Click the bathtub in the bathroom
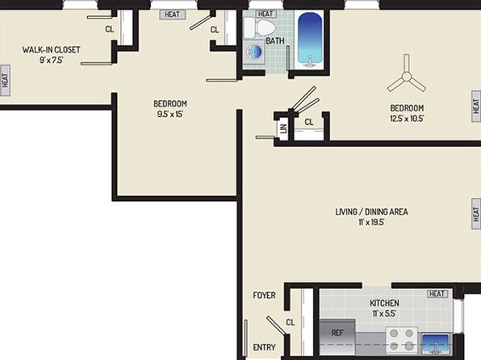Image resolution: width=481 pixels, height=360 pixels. pyautogui.click(x=310, y=40)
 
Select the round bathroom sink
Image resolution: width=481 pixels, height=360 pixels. pyautogui.click(x=254, y=52)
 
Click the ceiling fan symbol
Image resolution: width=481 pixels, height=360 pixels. pyautogui.click(x=407, y=76)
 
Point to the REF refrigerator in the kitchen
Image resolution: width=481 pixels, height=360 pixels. pyautogui.click(x=337, y=337)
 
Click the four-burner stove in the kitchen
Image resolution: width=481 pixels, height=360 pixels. pyautogui.click(x=402, y=340)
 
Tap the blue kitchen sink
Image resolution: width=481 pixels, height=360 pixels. pyautogui.click(x=436, y=344)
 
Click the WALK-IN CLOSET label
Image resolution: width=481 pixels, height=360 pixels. pyautogui.click(x=51, y=50)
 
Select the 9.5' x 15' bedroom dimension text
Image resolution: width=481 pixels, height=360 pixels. pyautogui.click(x=170, y=114)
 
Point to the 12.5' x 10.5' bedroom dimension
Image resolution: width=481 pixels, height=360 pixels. pyautogui.click(x=407, y=119)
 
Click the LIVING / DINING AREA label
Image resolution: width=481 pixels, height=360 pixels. pyautogui.click(x=371, y=211)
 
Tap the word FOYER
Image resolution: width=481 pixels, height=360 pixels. pyautogui.click(x=264, y=295)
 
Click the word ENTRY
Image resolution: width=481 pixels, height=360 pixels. pyautogui.click(x=264, y=347)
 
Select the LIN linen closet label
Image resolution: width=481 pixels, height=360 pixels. pyautogui.click(x=283, y=128)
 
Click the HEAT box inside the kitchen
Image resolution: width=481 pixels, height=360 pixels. pyautogui.click(x=437, y=294)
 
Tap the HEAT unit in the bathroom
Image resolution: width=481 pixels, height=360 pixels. pyautogui.click(x=266, y=14)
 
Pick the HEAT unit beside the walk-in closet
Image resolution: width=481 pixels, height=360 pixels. pyautogui.click(x=5, y=81)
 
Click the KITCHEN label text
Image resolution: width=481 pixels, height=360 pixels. pyautogui.click(x=384, y=303)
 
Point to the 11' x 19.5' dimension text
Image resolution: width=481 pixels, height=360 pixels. pyautogui.click(x=371, y=222)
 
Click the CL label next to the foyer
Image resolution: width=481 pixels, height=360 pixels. pyautogui.click(x=291, y=322)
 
